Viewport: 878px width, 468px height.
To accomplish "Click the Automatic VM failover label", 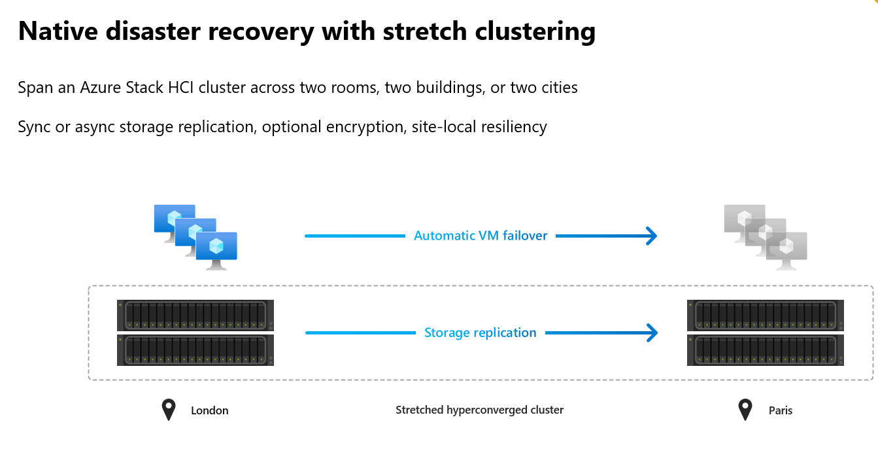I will [481, 236].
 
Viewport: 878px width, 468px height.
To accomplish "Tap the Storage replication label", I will [481, 333].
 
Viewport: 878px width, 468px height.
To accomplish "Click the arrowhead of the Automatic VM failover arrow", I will [650, 236].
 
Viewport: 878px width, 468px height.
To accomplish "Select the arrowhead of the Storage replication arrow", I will [650, 333].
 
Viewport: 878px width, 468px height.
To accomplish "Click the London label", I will [209, 410].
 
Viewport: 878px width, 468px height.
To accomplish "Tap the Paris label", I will [780, 410].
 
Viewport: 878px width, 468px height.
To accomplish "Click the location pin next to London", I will [169, 410].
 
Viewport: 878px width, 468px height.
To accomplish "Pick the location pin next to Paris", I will [745, 410].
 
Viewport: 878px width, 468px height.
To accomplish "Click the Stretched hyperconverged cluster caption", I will [479, 410].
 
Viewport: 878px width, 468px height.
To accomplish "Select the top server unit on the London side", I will [195, 315].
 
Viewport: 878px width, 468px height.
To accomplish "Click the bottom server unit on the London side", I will [195, 350].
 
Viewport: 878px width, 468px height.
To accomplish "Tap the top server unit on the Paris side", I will [765, 315].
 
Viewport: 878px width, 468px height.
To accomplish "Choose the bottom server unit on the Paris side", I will [765, 350].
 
